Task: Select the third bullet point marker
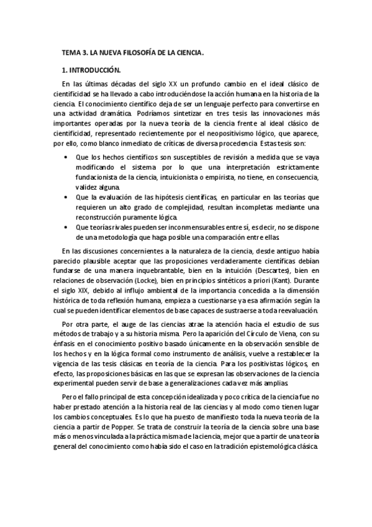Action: [66, 227]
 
